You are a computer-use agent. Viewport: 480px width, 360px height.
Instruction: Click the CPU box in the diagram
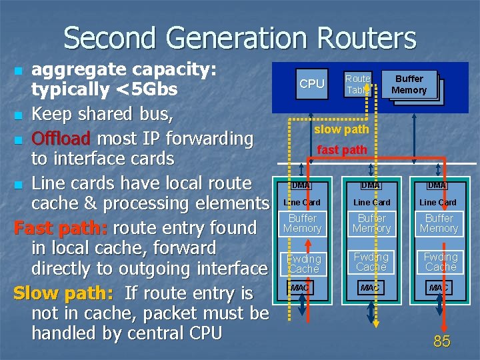[x=311, y=84]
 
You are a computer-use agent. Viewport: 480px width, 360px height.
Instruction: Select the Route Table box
[x=357, y=84]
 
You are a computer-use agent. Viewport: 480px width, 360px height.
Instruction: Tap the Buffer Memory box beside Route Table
[x=409, y=85]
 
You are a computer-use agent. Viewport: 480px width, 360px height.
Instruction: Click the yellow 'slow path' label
[x=341, y=129]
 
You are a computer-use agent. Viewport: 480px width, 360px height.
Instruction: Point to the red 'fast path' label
[x=342, y=150]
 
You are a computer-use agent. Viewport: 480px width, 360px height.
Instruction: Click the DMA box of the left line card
[x=301, y=185]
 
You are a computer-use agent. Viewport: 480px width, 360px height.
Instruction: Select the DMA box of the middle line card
[x=371, y=185]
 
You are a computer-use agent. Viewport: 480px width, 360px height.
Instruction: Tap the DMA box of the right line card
[x=437, y=185]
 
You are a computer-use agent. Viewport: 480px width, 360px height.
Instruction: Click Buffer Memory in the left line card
[x=302, y=223]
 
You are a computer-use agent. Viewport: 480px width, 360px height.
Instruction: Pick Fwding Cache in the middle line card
[x=371, y=262]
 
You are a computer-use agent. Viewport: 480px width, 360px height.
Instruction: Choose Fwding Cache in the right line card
[x=440, y=262]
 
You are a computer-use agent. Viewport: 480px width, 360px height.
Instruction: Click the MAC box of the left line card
[x=300, y=287]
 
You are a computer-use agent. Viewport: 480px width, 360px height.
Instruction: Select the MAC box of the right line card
[x=438, y=287]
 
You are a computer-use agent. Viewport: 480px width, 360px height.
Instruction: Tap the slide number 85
[x=441, y=342]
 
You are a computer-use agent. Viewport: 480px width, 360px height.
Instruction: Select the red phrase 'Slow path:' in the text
[x=63, y=293]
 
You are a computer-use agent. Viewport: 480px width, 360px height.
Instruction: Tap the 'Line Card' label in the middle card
[x=371, y=202]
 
